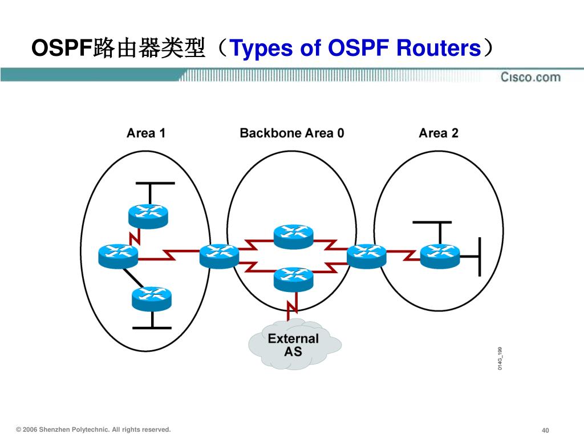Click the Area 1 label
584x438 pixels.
[x=146, y=133]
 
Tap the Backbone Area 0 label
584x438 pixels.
[x=291, y=133]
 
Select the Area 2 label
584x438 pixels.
[x=438, y=133]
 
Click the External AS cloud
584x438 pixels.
[x=294, y=344]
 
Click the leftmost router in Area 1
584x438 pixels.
[x=118, y=255]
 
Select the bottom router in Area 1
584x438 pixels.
[x=151, y=298]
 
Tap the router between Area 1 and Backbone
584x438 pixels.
[x=219, y=255]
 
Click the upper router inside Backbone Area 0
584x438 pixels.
[x=293, y=236]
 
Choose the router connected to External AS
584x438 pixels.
[x=293, y=279]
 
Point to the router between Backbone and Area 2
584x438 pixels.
[x=366, y=255]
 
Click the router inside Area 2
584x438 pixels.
[x=439, y=255]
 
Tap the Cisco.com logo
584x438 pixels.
[x=530, y=77]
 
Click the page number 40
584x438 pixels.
[x=545, y=430]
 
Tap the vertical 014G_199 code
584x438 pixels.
[x=500, y=358]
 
